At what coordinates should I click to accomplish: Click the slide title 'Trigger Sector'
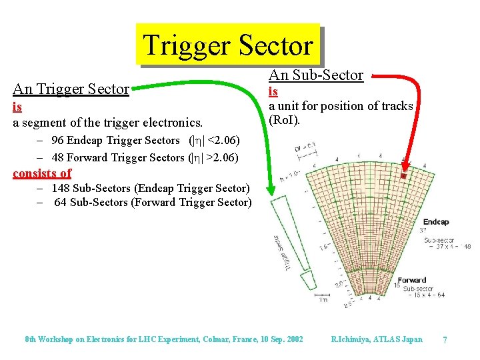[x=227, y=45]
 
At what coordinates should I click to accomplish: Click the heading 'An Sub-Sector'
[x=315, y=75]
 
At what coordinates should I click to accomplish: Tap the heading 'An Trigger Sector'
[x=71, y=89]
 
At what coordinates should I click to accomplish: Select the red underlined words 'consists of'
[x=42, y=173]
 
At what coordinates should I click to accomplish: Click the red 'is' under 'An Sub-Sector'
[x=273, y=91]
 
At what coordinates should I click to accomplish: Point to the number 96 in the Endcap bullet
[x=58, y=140]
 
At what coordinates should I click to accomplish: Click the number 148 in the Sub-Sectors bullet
[x=61, y=189]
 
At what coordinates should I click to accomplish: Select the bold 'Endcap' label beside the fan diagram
[x=436, y=223]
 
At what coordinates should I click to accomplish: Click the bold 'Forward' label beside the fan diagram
[x=411, y=281]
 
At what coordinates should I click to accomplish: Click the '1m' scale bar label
[x=323, y=300]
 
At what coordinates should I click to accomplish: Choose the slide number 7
[x=445, y=340]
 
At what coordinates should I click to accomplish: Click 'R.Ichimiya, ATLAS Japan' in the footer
[x=376, y=339]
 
